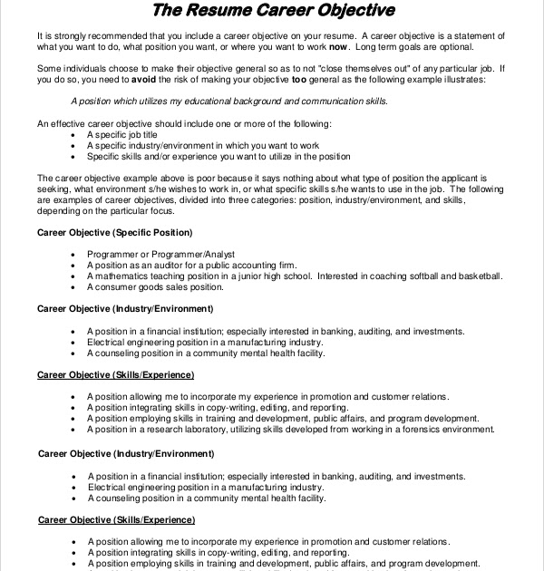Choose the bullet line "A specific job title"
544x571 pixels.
(130, 133)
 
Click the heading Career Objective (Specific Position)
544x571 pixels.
(114, 232)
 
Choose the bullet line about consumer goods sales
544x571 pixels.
(155, 286)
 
